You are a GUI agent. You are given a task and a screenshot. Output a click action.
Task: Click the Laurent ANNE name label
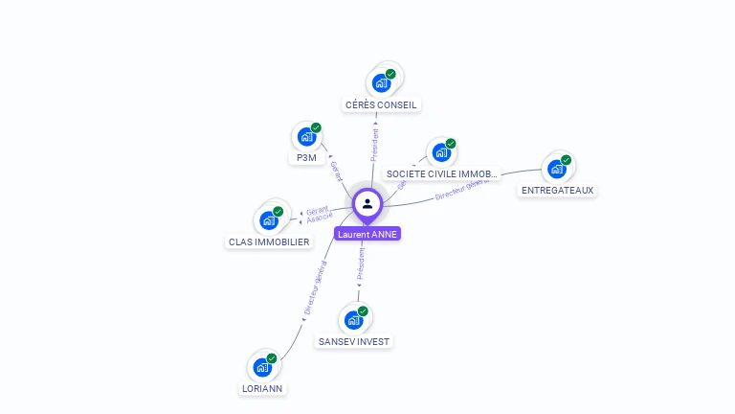click(367, 234)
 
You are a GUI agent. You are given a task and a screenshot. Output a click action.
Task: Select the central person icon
click(367, 204)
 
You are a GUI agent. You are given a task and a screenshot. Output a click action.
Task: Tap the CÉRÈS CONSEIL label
click(382, 104)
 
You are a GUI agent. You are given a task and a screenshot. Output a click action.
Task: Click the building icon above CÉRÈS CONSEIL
click(382, 82)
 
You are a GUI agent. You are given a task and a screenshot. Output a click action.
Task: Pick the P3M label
click(306, 158)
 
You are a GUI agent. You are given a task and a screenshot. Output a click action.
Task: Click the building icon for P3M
click(306, 136)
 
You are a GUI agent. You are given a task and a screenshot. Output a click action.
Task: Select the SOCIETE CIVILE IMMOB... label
click(441, 174)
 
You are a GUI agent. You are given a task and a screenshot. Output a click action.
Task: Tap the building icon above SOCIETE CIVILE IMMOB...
click(441, 152)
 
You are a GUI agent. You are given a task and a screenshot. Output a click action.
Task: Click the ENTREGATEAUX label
click(557, 190)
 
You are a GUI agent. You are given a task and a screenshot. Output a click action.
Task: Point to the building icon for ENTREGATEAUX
click(556, 169)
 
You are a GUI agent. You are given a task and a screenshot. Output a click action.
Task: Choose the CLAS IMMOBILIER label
click(269, 241)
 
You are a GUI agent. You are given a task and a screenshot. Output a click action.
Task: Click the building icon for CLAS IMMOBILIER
click(269, 219)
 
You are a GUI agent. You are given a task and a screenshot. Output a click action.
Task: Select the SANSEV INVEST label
click(354, 341)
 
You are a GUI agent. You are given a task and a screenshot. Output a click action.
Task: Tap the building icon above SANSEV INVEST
click(354, 319)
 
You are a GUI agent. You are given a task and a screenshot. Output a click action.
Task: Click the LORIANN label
click(263, 389)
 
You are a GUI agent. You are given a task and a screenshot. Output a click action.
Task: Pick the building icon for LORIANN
click(262, 366)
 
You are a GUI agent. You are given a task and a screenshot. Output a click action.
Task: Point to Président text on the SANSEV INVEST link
click(361, 264)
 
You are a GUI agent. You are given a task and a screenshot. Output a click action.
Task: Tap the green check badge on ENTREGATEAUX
click(566, 160)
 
